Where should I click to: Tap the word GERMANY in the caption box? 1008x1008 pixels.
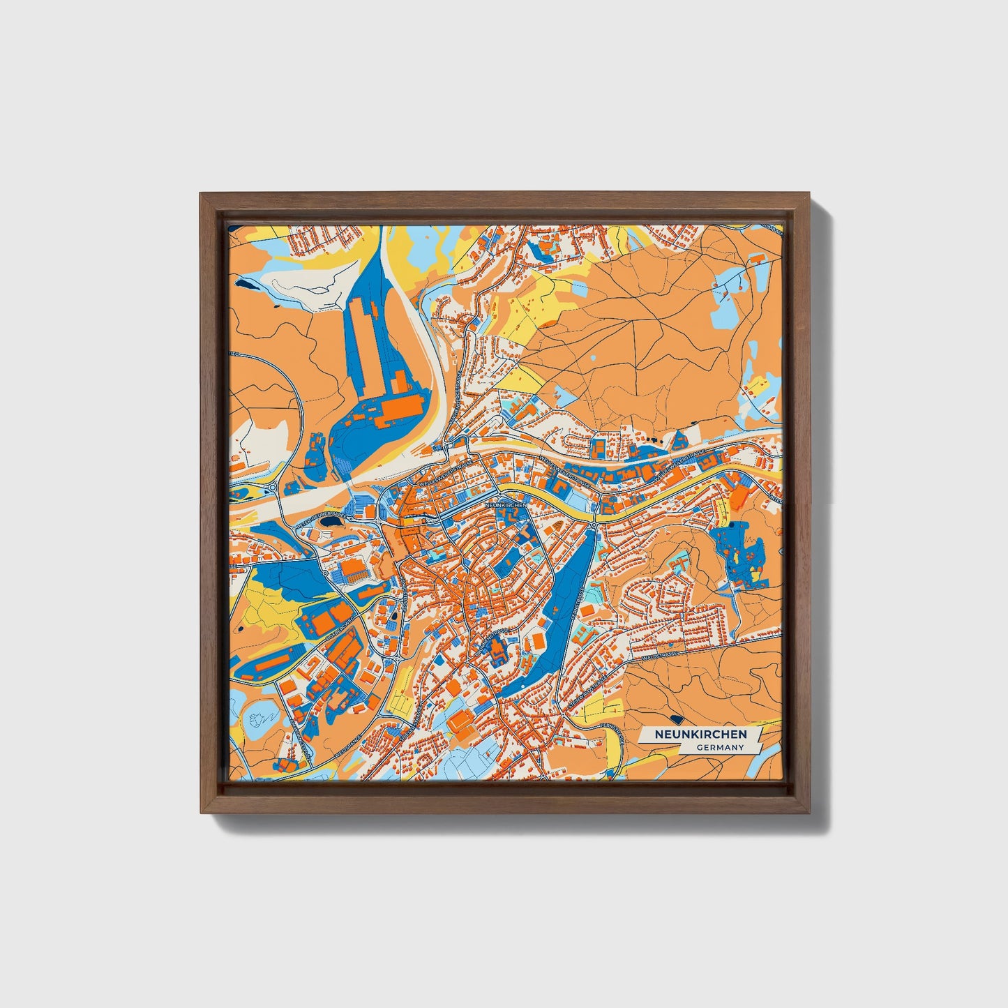(x=720, y=747)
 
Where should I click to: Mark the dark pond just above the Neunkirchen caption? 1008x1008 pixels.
(x=675, y=718)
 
